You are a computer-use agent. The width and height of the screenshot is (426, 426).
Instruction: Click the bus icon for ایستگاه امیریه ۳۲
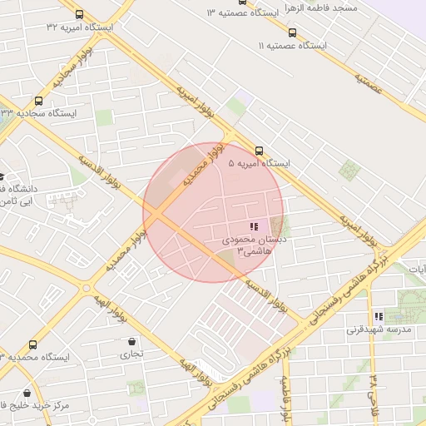click(79, 14)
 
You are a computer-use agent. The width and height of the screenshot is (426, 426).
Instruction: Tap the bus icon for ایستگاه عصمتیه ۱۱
click(292, 32)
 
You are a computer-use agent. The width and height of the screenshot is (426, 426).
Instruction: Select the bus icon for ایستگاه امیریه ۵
click(260, 151)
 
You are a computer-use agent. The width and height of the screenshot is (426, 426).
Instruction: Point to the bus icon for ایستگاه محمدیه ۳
click(32, 344)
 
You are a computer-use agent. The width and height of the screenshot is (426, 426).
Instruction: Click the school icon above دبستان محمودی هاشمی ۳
click(254, 225)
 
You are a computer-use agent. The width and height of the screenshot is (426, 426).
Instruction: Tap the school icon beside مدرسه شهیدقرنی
click(379, 316)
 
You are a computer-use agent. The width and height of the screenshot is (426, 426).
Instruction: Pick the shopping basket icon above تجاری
click(132, 340)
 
